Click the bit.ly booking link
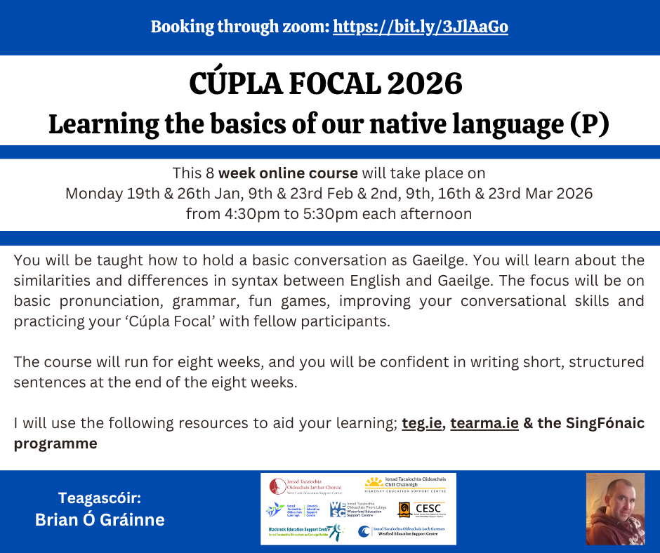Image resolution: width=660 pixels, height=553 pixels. pos(420,27)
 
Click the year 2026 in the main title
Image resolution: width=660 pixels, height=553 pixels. pos(423,85)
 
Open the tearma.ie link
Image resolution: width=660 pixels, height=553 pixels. pos(484,423)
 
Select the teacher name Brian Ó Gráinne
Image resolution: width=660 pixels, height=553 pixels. pos(99,520)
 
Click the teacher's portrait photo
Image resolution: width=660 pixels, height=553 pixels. pos(615,509)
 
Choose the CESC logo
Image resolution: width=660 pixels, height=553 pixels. pos(421,509)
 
